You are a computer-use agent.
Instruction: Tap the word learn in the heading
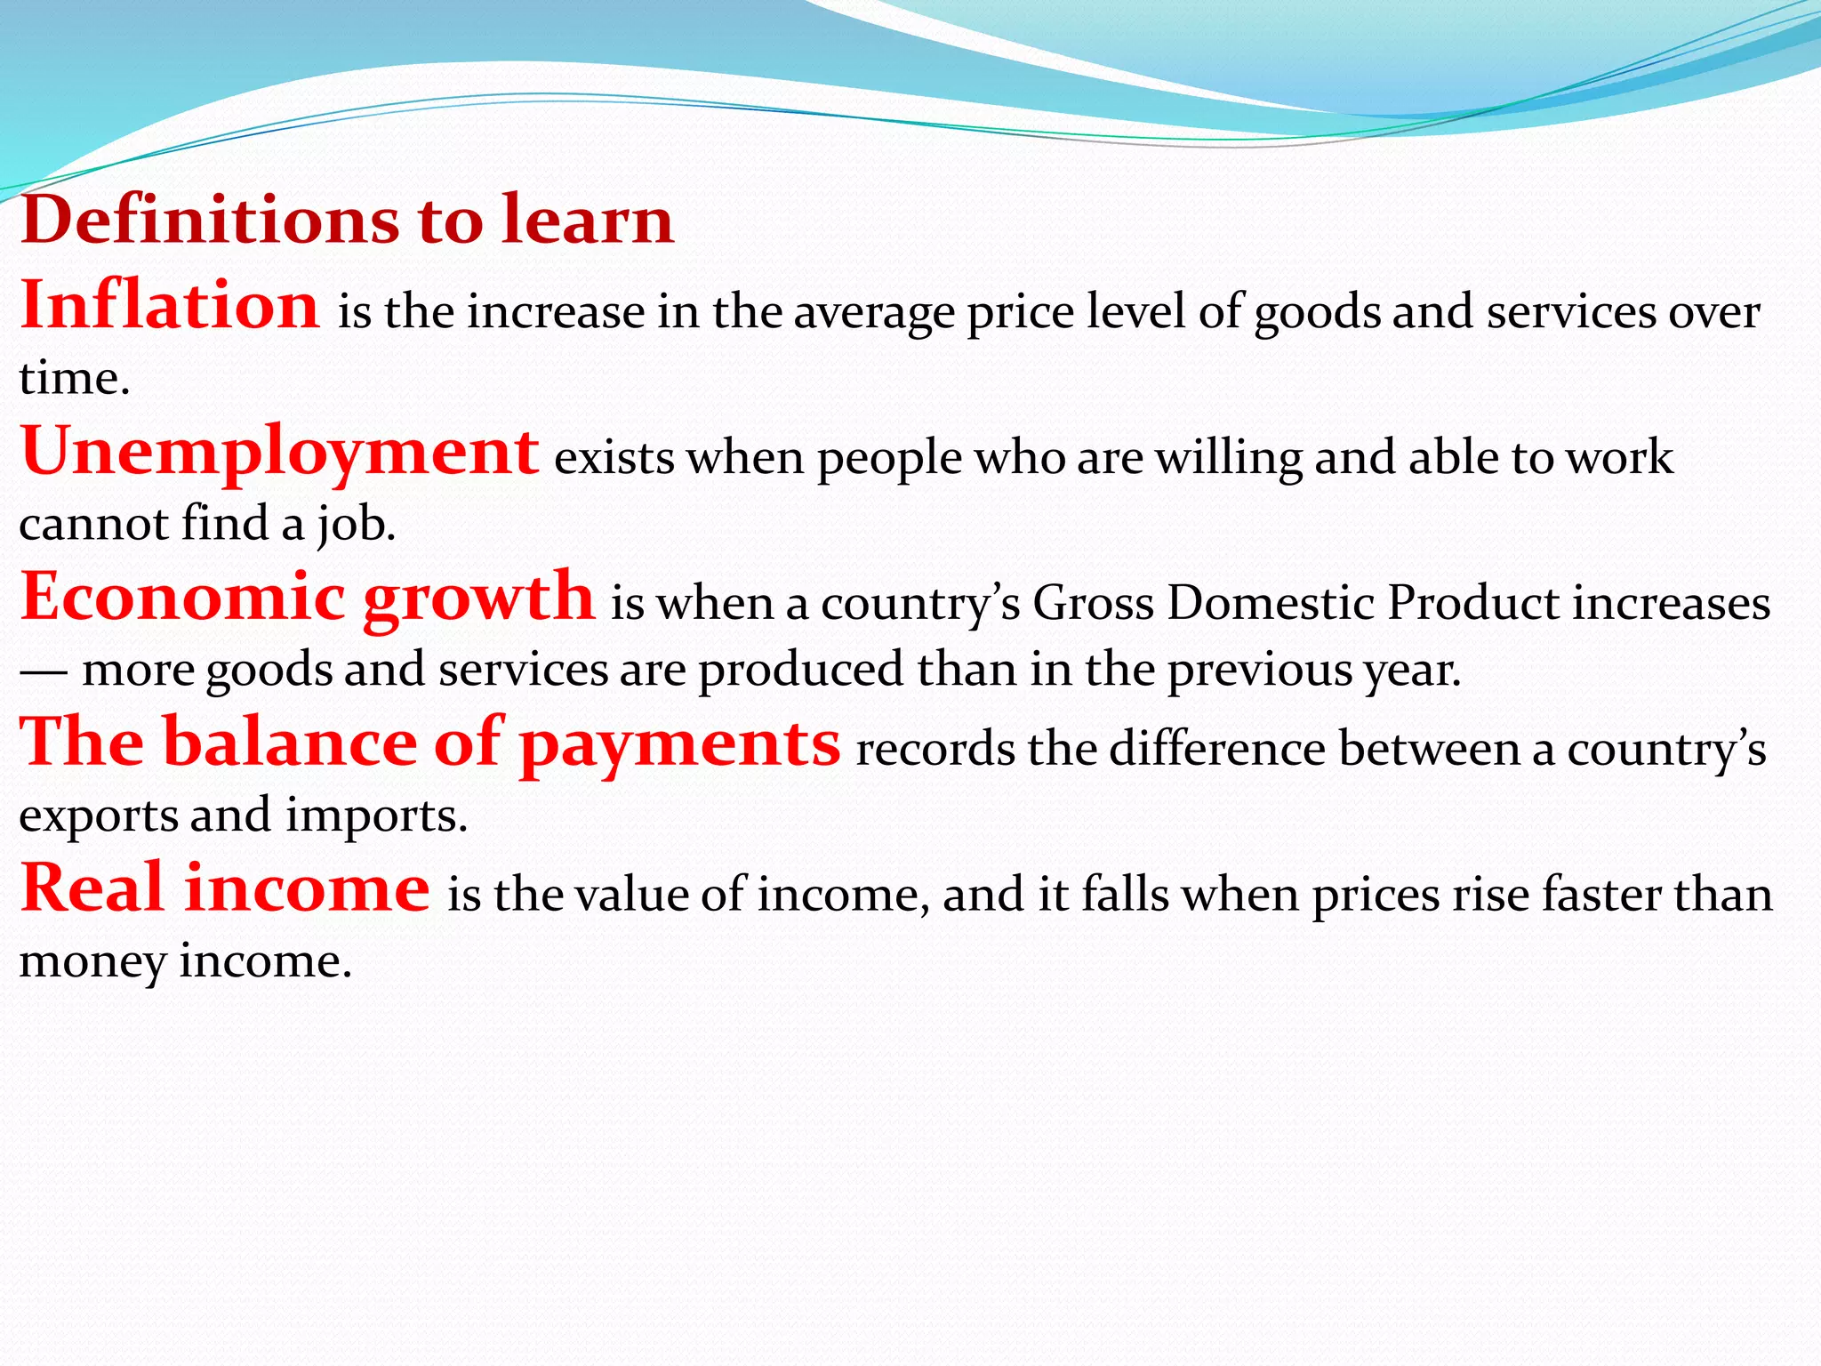pyautogui.click(x=588, y=220)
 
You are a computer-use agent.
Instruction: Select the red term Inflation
pyautogui.click(x=169, y=305)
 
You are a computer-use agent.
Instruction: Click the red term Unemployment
pyautogui.click(x=279, y=452)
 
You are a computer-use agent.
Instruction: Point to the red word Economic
pyautogui.click(x=182, y=597)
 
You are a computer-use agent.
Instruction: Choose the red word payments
pyautogui.click(x=680, y=744)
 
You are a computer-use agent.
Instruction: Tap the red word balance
pyautogui.click(x=290, y=743)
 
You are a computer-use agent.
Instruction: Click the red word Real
pyautogui.click(x=92, y=888)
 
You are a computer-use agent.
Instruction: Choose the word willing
pyautogui.click(x=1228, y=459)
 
